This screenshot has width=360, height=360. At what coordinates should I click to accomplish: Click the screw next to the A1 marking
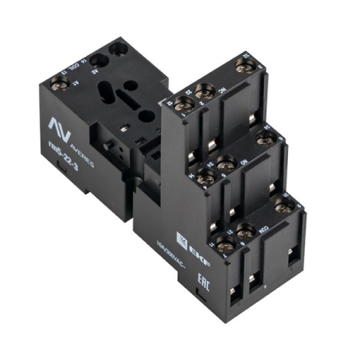(x=58, y=83)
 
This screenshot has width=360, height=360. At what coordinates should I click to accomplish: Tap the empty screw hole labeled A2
(x=98, y=60)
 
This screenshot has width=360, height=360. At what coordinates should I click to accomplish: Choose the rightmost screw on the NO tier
(x=266, y=139)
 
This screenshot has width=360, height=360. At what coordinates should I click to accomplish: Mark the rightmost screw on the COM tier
(x=282, y=207)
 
